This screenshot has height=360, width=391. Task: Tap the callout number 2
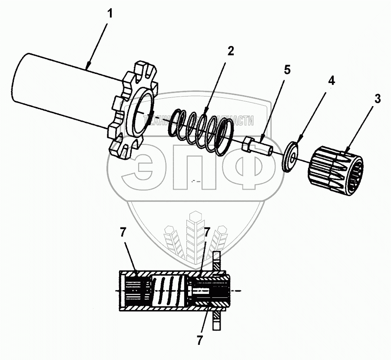point(231,50)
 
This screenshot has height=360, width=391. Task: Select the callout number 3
point(378,99)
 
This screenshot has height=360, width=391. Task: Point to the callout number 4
point(331,80)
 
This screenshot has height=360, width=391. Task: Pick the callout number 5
point(288,70)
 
